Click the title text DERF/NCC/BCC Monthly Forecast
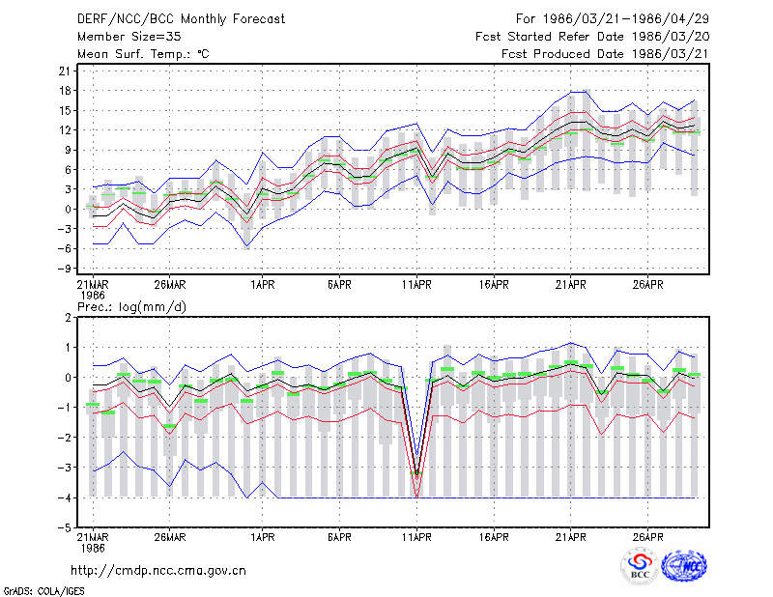tap(181, 19)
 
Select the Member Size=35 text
tap(129, 37)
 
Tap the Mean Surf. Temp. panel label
tap(143, 54)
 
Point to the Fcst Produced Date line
tap(605, 54)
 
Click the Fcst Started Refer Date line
tap(592, 37)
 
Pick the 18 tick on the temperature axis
tap(65, 91)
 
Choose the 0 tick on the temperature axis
tap(68, 209)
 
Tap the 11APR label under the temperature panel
tap(416, 285)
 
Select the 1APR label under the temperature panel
tap(262, 285)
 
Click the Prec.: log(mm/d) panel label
tap(131, 307)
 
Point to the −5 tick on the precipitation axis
tap(64, 527)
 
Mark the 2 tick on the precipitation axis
tap(68, 318)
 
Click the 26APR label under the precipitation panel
tap(647, 537)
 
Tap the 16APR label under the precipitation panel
tap(494, 537)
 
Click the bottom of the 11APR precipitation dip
tap(417, 497)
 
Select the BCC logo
tap(640, 566)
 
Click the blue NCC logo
tap(684, 566)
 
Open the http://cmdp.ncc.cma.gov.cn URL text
tap(158, 571)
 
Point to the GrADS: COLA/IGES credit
tap(43, 591)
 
